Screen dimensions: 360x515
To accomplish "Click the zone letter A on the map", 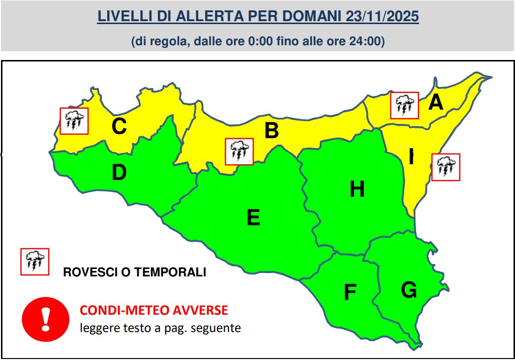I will (436, 103).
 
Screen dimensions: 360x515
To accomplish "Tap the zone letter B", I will (272, 131).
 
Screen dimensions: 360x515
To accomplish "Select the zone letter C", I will (119, 126).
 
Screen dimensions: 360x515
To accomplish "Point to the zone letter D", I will (119, 173).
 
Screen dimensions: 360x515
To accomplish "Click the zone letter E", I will (253, 217).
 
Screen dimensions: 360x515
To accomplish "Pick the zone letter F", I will (350, 293).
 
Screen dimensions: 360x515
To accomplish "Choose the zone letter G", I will (409, 290).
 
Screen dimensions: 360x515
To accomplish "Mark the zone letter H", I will (357, 189).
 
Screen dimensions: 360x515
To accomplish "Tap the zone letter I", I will (411, 157).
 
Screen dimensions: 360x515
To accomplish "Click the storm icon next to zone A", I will (404, 105).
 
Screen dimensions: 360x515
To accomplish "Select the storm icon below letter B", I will (239, 151).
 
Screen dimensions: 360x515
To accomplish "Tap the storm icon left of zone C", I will (74, 121).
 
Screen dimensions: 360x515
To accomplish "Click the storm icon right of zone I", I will (446, 167).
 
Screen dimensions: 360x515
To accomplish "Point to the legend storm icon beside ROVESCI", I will (34, 262).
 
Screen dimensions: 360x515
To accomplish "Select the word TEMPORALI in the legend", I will (170, 272).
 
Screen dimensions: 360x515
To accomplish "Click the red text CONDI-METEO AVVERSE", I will (154, 310).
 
